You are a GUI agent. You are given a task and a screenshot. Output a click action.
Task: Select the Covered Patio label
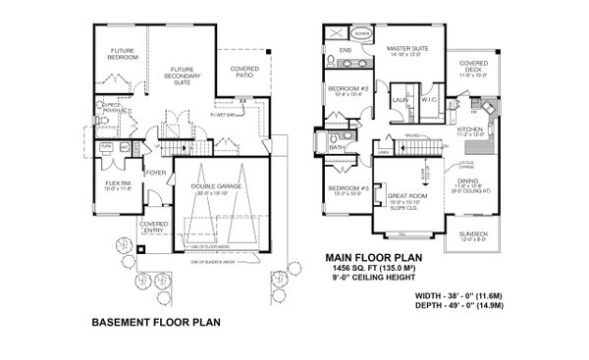point(245,71)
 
